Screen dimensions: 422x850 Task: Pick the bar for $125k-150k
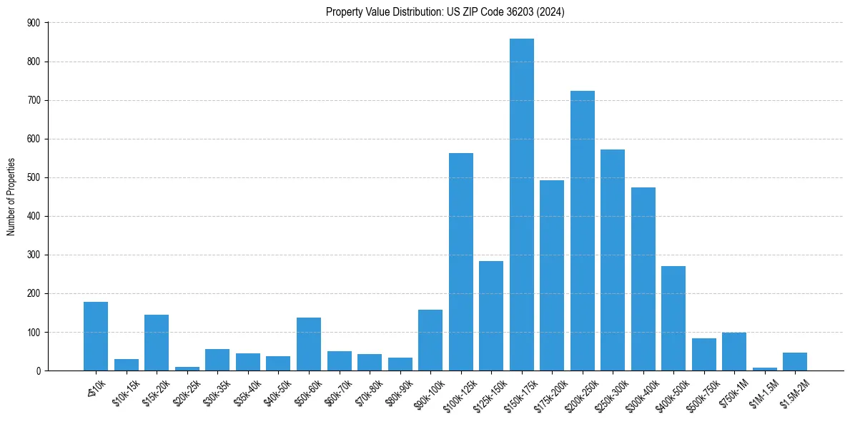[491, 315]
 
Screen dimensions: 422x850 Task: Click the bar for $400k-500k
[673, 318]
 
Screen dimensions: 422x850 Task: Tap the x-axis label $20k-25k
[187, 390]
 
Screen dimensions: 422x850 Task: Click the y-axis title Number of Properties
[11, 197]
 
